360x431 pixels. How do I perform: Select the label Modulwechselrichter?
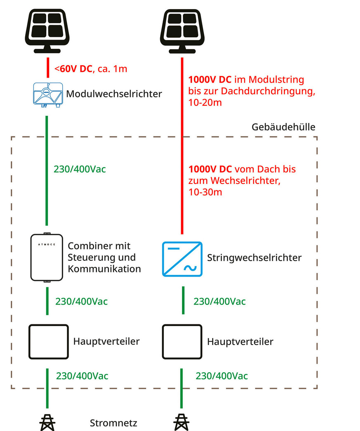(114, 95)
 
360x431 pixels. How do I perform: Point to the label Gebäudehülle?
(283, 127)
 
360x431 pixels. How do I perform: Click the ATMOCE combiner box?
(47, 257)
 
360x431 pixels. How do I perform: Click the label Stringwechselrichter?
(254, 258)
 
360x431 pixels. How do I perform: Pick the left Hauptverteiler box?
(48, 341)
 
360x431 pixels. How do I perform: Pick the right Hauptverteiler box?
(182, 341)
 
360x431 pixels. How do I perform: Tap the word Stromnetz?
(114, 423)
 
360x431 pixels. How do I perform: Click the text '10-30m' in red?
(203, 192)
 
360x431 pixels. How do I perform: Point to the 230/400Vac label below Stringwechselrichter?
(219, 302)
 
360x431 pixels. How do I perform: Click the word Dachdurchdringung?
(275, 91)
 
